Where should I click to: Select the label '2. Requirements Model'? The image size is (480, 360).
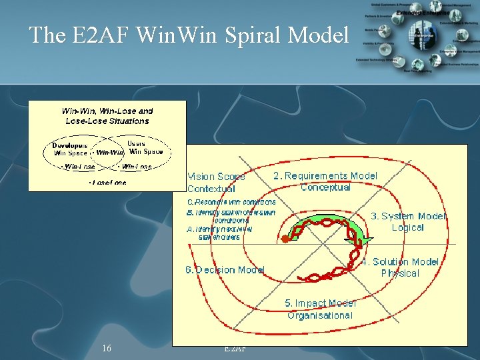[325, 176]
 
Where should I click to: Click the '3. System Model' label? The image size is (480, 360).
[408, 216]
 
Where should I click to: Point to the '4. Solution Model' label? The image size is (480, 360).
[400, 262]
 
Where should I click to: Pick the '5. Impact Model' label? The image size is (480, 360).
[321, 303]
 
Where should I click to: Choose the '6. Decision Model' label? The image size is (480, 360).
[225, 270]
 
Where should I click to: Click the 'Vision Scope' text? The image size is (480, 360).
[216, 177]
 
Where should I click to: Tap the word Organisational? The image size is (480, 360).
[320, 315]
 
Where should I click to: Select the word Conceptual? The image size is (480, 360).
[325, 187]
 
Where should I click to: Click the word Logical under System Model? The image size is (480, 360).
[407, 227]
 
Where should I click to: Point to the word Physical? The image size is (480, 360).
[400, 273]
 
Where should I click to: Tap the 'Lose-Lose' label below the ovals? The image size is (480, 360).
[108, 181]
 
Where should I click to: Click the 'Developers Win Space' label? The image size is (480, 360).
[71, 149]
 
